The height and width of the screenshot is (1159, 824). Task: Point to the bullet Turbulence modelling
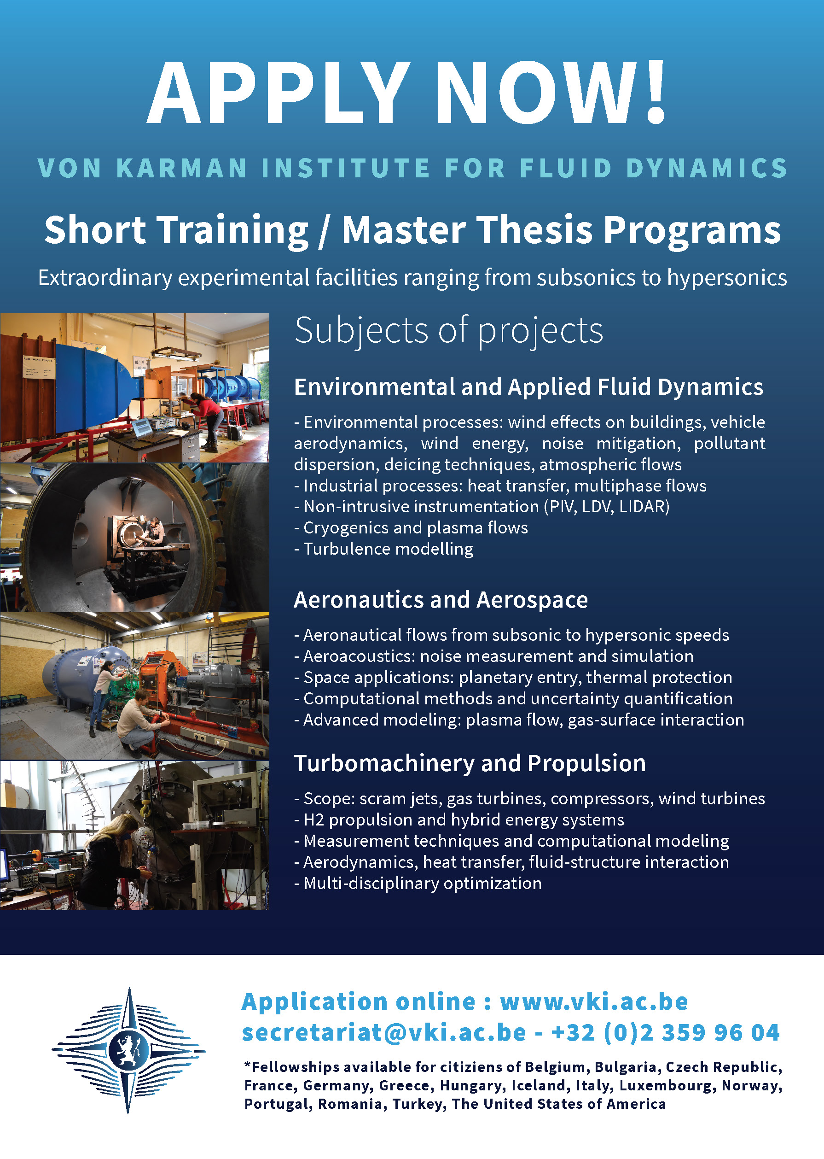click(383, 549)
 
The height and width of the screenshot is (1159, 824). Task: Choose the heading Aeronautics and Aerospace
click(441, 600)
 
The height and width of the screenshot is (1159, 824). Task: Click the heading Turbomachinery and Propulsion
click(470, 763)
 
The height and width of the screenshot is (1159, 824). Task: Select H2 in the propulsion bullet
click(313, 819)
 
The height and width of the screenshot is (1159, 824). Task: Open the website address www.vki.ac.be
click(594, 1001)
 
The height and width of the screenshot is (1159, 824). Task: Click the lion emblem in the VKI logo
click(128, 1050)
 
